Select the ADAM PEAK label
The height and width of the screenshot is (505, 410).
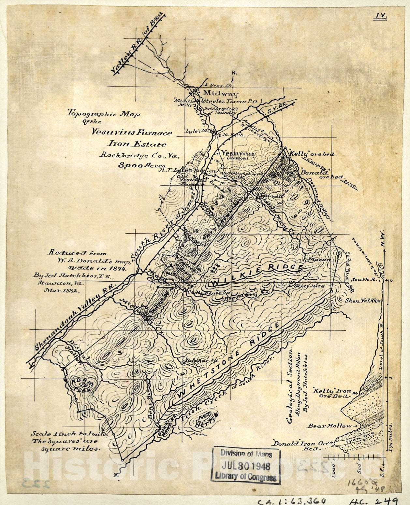(80, 385)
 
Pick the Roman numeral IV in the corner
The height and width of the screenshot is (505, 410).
(380, 16)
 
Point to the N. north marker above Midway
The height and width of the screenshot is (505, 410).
(233, 73)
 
